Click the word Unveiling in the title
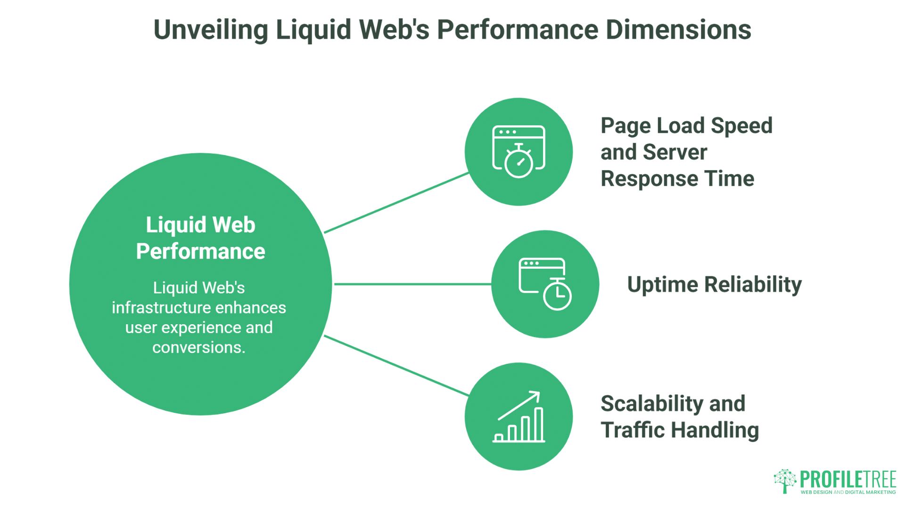click(x=211, y=30)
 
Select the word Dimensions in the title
click(x=678, y=30)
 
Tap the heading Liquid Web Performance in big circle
click(x=200, y=238)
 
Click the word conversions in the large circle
click(x=198, y=347)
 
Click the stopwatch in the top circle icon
click(x=518, y=162)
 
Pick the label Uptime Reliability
click(x=714, y=285)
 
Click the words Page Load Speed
click(x=686, y=126)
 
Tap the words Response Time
click(x=677, y=179)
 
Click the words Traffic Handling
click(x=679, y=430)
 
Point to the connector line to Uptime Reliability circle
click(x=412, y=284)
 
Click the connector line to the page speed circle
click(x=396, y=203)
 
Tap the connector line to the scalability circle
click(x=396, y=365)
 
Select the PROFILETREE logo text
click(x=848, y=479)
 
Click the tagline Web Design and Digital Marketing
click(x=848, y=492)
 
